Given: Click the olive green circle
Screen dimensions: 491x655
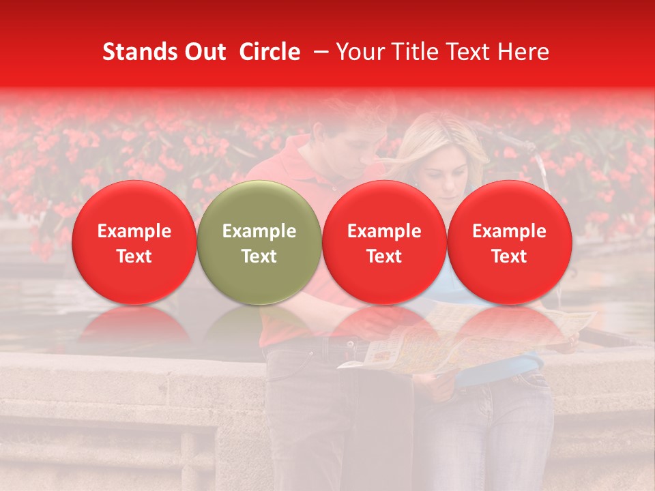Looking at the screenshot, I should point(259,242).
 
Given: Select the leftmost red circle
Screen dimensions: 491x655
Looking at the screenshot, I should point(134,242).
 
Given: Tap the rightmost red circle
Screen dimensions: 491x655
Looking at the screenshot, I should point(510,242).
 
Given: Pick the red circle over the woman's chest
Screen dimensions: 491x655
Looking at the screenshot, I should point(384,242).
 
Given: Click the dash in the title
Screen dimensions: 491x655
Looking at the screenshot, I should point(318,52).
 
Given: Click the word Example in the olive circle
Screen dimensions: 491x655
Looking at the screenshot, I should point(259,231).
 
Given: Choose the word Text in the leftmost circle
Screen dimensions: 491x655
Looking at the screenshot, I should point(134,256).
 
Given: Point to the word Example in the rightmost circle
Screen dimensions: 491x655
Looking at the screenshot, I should point(510,231).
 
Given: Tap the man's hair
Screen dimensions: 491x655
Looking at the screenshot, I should point(355,113).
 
